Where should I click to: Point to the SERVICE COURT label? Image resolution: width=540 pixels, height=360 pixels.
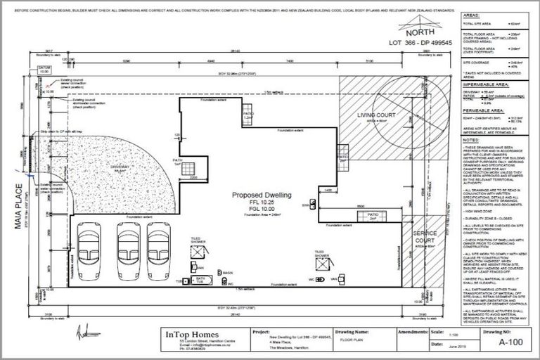click(424, 236)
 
